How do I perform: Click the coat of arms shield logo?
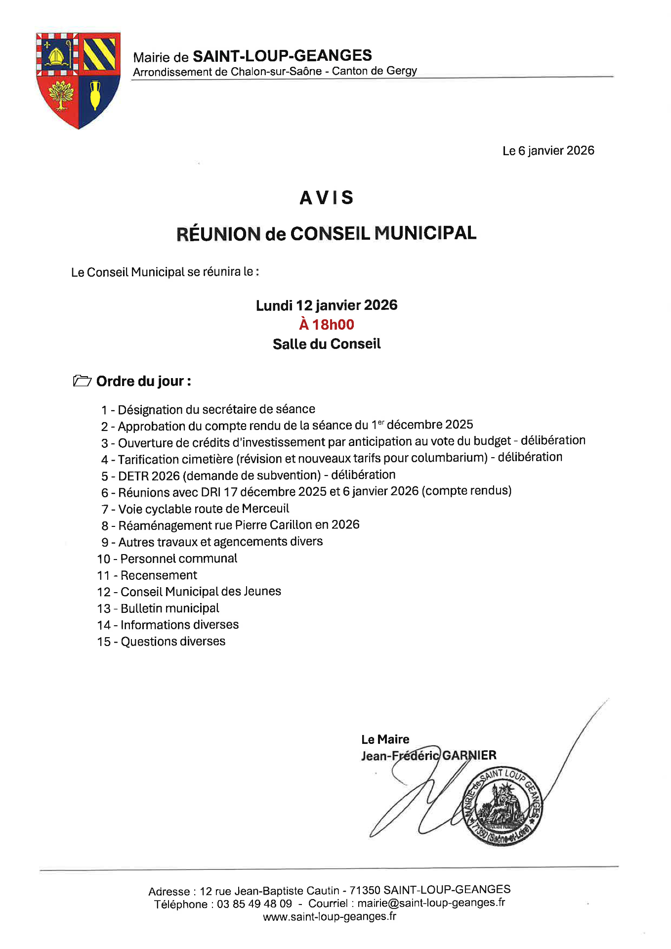coord(78,79)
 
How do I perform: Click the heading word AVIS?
coord(327,198)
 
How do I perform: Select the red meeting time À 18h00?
coord(327,325)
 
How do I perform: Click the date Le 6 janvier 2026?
coord(548,151)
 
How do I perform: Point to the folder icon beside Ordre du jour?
coord(82,381)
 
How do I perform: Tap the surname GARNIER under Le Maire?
coord(469,755)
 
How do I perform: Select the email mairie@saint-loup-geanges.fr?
coord(431,903)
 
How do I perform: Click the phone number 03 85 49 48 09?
coord(254,904)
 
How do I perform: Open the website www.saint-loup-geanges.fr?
coord(330,917)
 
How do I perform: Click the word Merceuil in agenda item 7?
coord(265,509)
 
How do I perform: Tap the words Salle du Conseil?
coord(327,344)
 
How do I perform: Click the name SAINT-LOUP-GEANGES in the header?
coord(282,56)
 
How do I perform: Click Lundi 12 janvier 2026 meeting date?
coord(327,305)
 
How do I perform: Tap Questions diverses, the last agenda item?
coord(173,642)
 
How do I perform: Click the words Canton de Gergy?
coord(374,71)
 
